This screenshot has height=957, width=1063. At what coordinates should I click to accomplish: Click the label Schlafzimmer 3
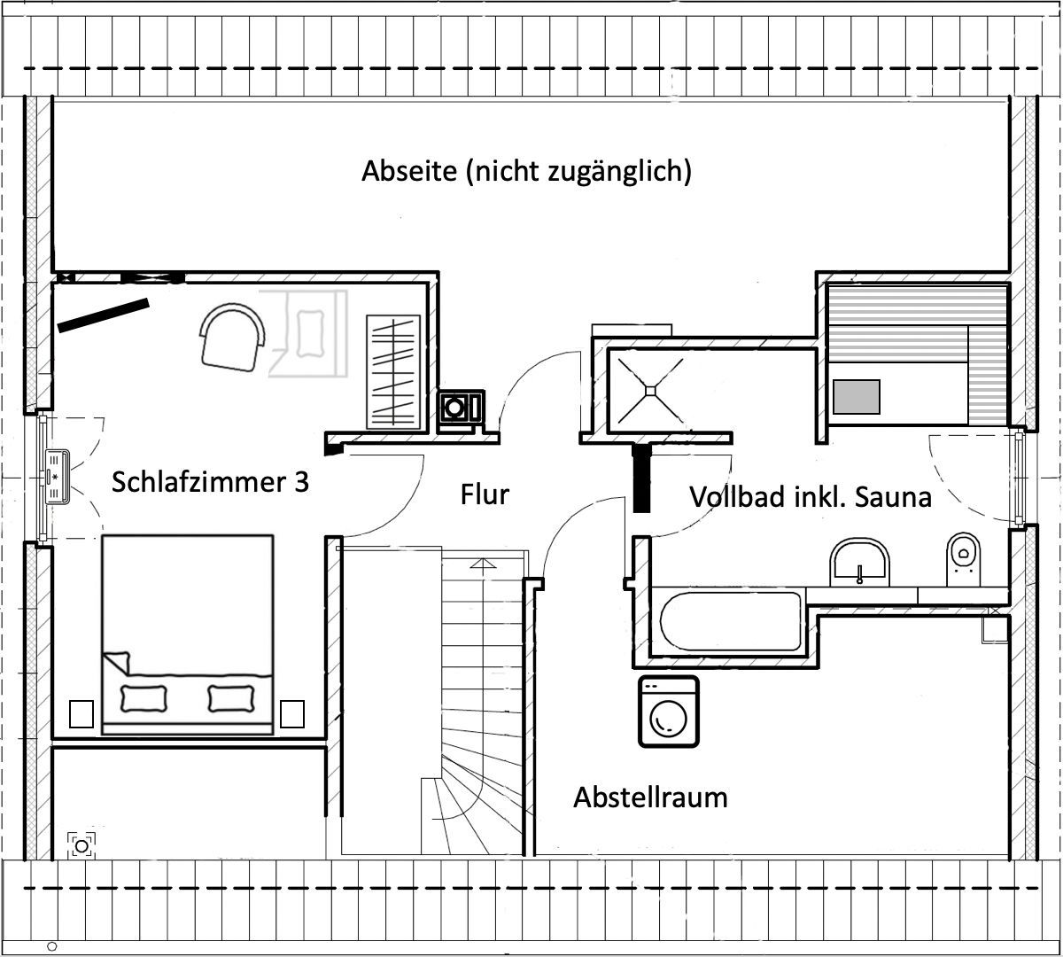(210, 483)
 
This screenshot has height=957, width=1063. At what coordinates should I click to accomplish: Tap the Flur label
(485, 494)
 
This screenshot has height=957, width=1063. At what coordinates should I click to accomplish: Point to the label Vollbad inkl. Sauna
(810, 497)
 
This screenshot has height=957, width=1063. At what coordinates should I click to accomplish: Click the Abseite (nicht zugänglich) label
(526, 171)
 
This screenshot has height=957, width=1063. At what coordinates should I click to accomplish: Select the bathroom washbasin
(859, 562)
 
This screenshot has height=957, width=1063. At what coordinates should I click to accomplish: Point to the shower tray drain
(650, 388)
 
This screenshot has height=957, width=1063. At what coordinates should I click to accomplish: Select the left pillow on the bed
(142, 698)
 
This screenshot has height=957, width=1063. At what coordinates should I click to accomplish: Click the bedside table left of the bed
(82, 713)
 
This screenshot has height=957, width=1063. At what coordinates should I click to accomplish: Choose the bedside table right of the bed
(292, 713)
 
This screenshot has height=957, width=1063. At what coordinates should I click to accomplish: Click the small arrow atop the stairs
(482, 563)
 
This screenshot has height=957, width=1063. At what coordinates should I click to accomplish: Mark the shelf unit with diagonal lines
(394, 370)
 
